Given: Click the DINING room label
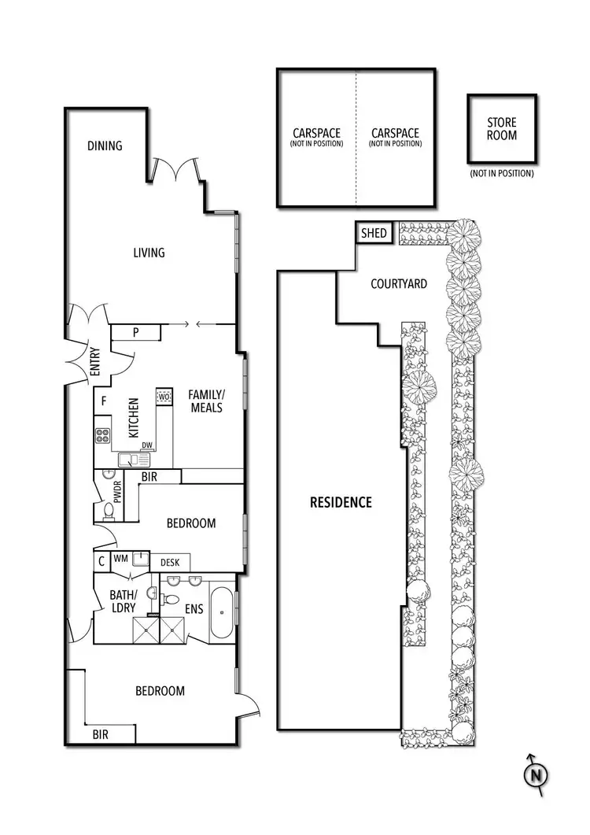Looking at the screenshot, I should (105, 146).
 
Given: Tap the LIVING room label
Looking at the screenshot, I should (149, 253).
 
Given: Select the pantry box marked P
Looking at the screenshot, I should (136, 333).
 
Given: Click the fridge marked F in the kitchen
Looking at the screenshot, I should (103, 401).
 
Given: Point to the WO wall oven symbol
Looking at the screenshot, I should (164, 397).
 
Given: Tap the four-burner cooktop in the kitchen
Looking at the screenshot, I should (103, 435).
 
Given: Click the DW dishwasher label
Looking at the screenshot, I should (146, 445).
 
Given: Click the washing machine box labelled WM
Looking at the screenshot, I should (120, 559).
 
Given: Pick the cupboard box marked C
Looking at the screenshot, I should (101, 561).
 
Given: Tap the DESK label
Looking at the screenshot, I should (170, 562).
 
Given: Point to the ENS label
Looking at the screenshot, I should (194, 608).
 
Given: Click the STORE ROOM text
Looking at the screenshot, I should (502, 129).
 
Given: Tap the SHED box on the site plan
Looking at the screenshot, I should (373, 233).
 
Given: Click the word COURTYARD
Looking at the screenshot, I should (399, 283).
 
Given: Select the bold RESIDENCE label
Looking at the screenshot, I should (340, 502).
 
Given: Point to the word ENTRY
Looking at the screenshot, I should (95, 364).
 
